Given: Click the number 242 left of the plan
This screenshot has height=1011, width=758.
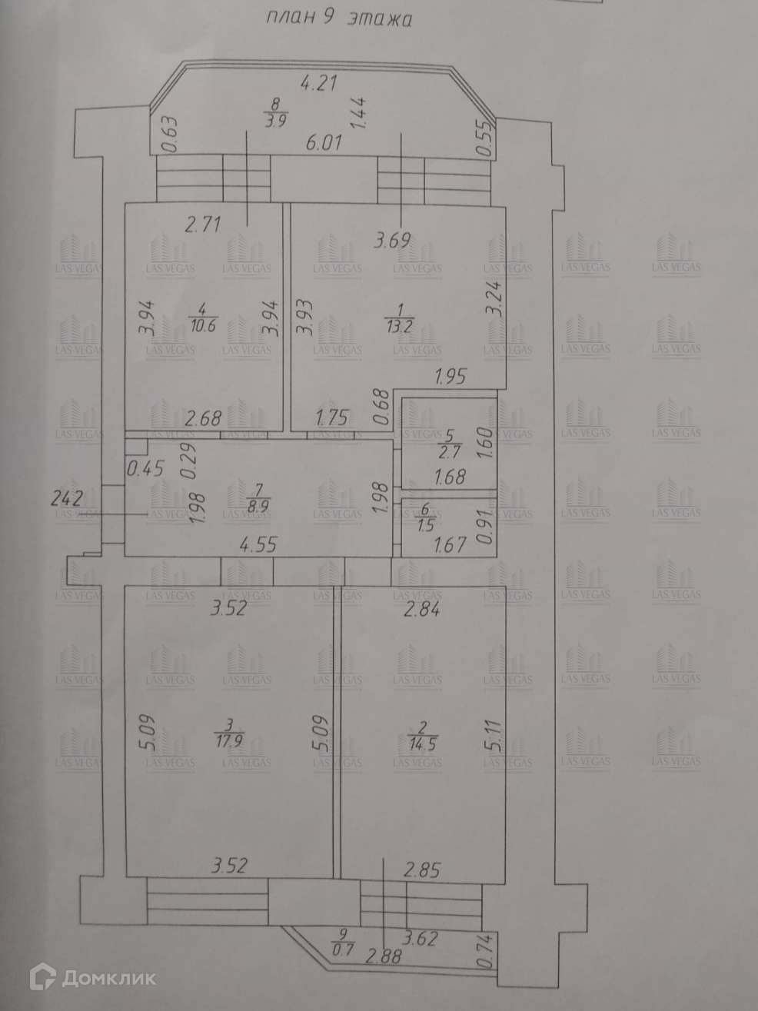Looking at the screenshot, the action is [x=66, y=496].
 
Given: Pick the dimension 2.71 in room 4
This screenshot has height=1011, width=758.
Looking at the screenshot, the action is [x=203, y=224].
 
